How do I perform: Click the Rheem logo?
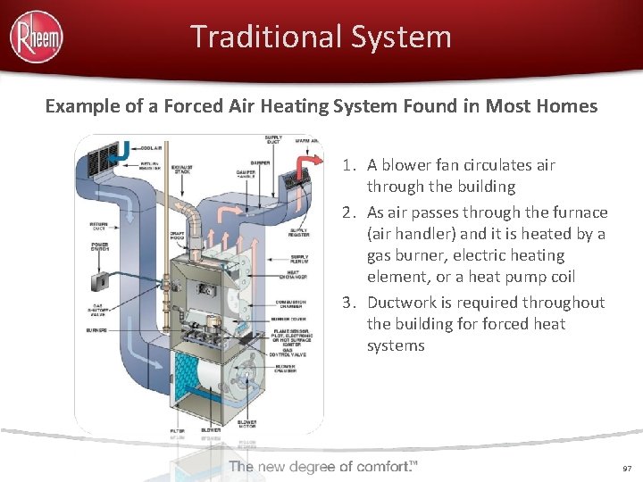coord(36,36)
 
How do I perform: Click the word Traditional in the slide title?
coord(239,37)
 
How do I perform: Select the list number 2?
coord(349,212)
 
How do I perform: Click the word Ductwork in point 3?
coord(401,303)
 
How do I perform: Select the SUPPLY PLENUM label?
coord(299,261)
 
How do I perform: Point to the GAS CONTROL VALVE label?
coord(295,358)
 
